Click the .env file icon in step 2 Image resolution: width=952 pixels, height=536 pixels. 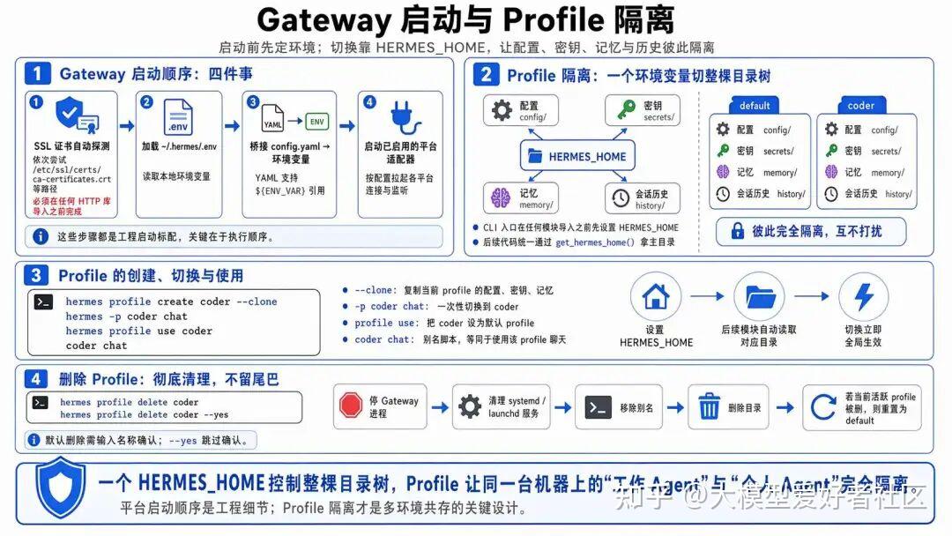177,117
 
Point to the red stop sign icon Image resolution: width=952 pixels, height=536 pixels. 351,406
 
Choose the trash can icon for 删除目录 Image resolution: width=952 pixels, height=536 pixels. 710,407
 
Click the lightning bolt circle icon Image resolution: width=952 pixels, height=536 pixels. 863,296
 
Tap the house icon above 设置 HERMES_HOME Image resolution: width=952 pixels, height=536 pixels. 656,296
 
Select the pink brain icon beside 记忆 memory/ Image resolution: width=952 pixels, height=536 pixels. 502,197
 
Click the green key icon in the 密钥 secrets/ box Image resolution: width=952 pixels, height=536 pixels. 625,109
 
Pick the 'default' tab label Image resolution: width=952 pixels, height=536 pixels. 755,106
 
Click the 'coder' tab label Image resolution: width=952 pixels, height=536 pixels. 860,106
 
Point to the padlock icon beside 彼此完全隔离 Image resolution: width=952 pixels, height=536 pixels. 735,231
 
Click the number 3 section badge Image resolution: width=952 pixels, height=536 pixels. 36,276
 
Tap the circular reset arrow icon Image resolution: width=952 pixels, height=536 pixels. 822,407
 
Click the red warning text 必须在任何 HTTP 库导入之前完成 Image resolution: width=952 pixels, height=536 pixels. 71,206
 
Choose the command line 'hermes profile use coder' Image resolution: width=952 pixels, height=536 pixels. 138,331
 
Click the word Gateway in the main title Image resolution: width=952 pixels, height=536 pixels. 324,19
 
